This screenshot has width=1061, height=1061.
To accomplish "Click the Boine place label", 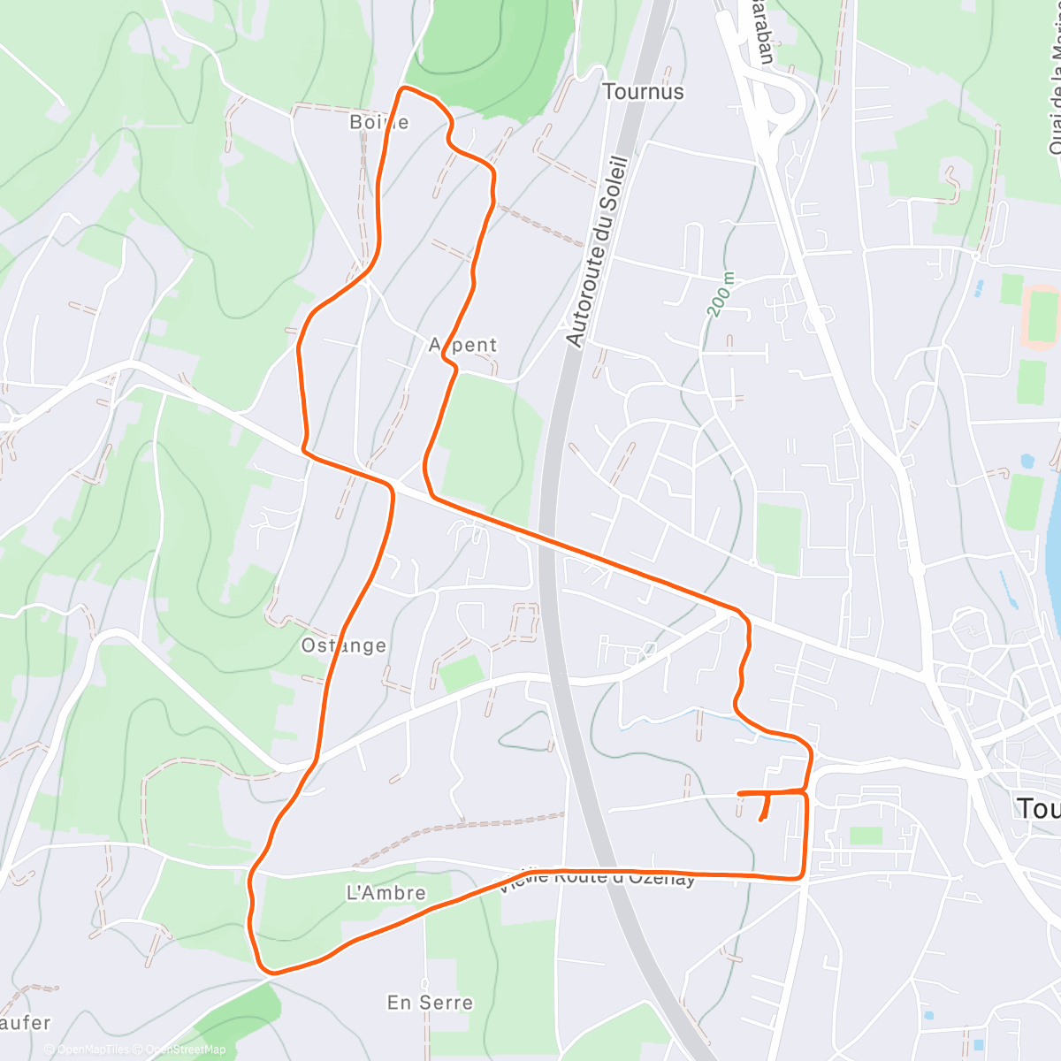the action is [379, 122].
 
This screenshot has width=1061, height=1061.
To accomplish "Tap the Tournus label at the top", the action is [643, 92].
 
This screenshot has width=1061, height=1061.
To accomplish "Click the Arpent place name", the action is [463, 345].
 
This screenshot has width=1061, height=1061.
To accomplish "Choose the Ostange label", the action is [344, 645].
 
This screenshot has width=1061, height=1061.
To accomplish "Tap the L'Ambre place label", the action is [386, 893].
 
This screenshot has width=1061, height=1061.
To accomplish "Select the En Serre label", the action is [430, 1003].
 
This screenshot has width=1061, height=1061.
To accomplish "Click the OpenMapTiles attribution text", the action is [93, 1050].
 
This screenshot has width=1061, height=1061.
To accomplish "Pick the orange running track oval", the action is [1042, 316].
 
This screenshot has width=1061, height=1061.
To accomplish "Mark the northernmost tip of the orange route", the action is [405, 88].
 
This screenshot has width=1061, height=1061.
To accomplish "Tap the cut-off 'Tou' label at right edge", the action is [1038, 807].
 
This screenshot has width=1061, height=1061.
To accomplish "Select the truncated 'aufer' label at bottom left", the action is [25, 1023].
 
